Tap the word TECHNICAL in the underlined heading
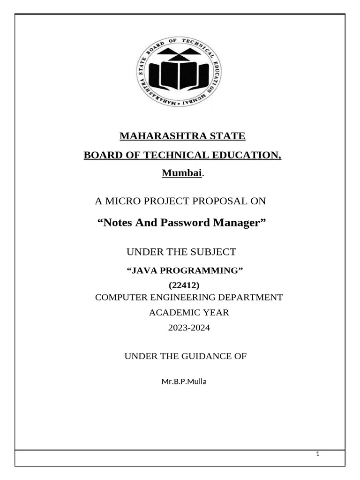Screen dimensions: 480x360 (x=185, y=155)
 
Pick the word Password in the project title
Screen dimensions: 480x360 (x=185, y=223)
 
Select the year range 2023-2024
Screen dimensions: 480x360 (x=189, y=328)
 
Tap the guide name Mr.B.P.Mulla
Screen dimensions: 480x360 (x=184, y=382)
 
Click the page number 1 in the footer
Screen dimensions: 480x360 (x=318, y=454)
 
